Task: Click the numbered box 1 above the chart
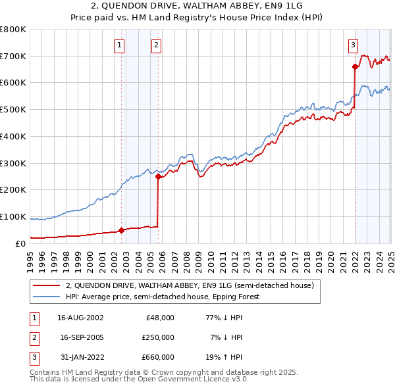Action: point(119,45)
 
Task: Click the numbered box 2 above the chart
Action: point(156,45)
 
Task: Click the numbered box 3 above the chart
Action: point(353,45)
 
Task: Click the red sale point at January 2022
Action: point(355,66)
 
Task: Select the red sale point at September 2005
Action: point(158,176)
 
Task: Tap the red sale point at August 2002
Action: point(121,230)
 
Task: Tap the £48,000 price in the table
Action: point(159,318)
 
